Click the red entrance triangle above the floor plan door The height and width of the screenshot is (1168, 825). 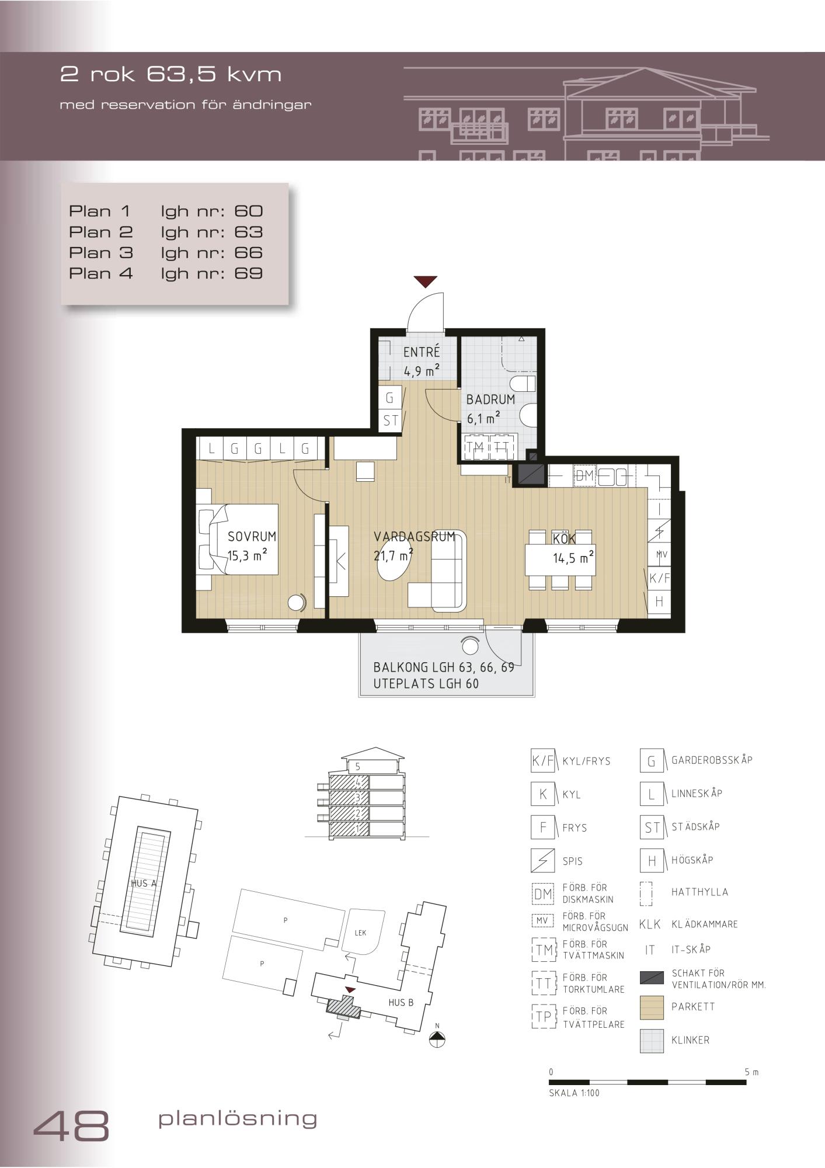point(425,282)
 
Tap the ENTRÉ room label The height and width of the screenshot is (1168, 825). point(422,352)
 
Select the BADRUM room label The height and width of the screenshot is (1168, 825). point(490,399)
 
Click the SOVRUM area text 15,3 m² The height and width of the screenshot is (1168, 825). point(248,555)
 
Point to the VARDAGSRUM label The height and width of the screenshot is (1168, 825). point(415,536)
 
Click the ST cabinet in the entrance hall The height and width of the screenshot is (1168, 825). point(391,420)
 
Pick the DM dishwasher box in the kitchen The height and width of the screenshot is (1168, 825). point(584,475)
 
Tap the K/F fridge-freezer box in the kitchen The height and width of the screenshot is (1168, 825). point(660,578)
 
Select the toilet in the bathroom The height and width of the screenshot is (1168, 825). point(523,384)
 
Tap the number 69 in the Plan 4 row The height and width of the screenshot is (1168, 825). point(249,273)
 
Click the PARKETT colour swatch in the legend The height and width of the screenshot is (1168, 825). point(652,1007)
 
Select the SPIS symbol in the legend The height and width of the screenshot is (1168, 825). point(543,860)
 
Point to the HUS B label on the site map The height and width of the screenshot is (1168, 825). point(401,1003)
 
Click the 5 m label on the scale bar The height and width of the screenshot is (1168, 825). point(751,1073)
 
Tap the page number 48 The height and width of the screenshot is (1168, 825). point(71,1125)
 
